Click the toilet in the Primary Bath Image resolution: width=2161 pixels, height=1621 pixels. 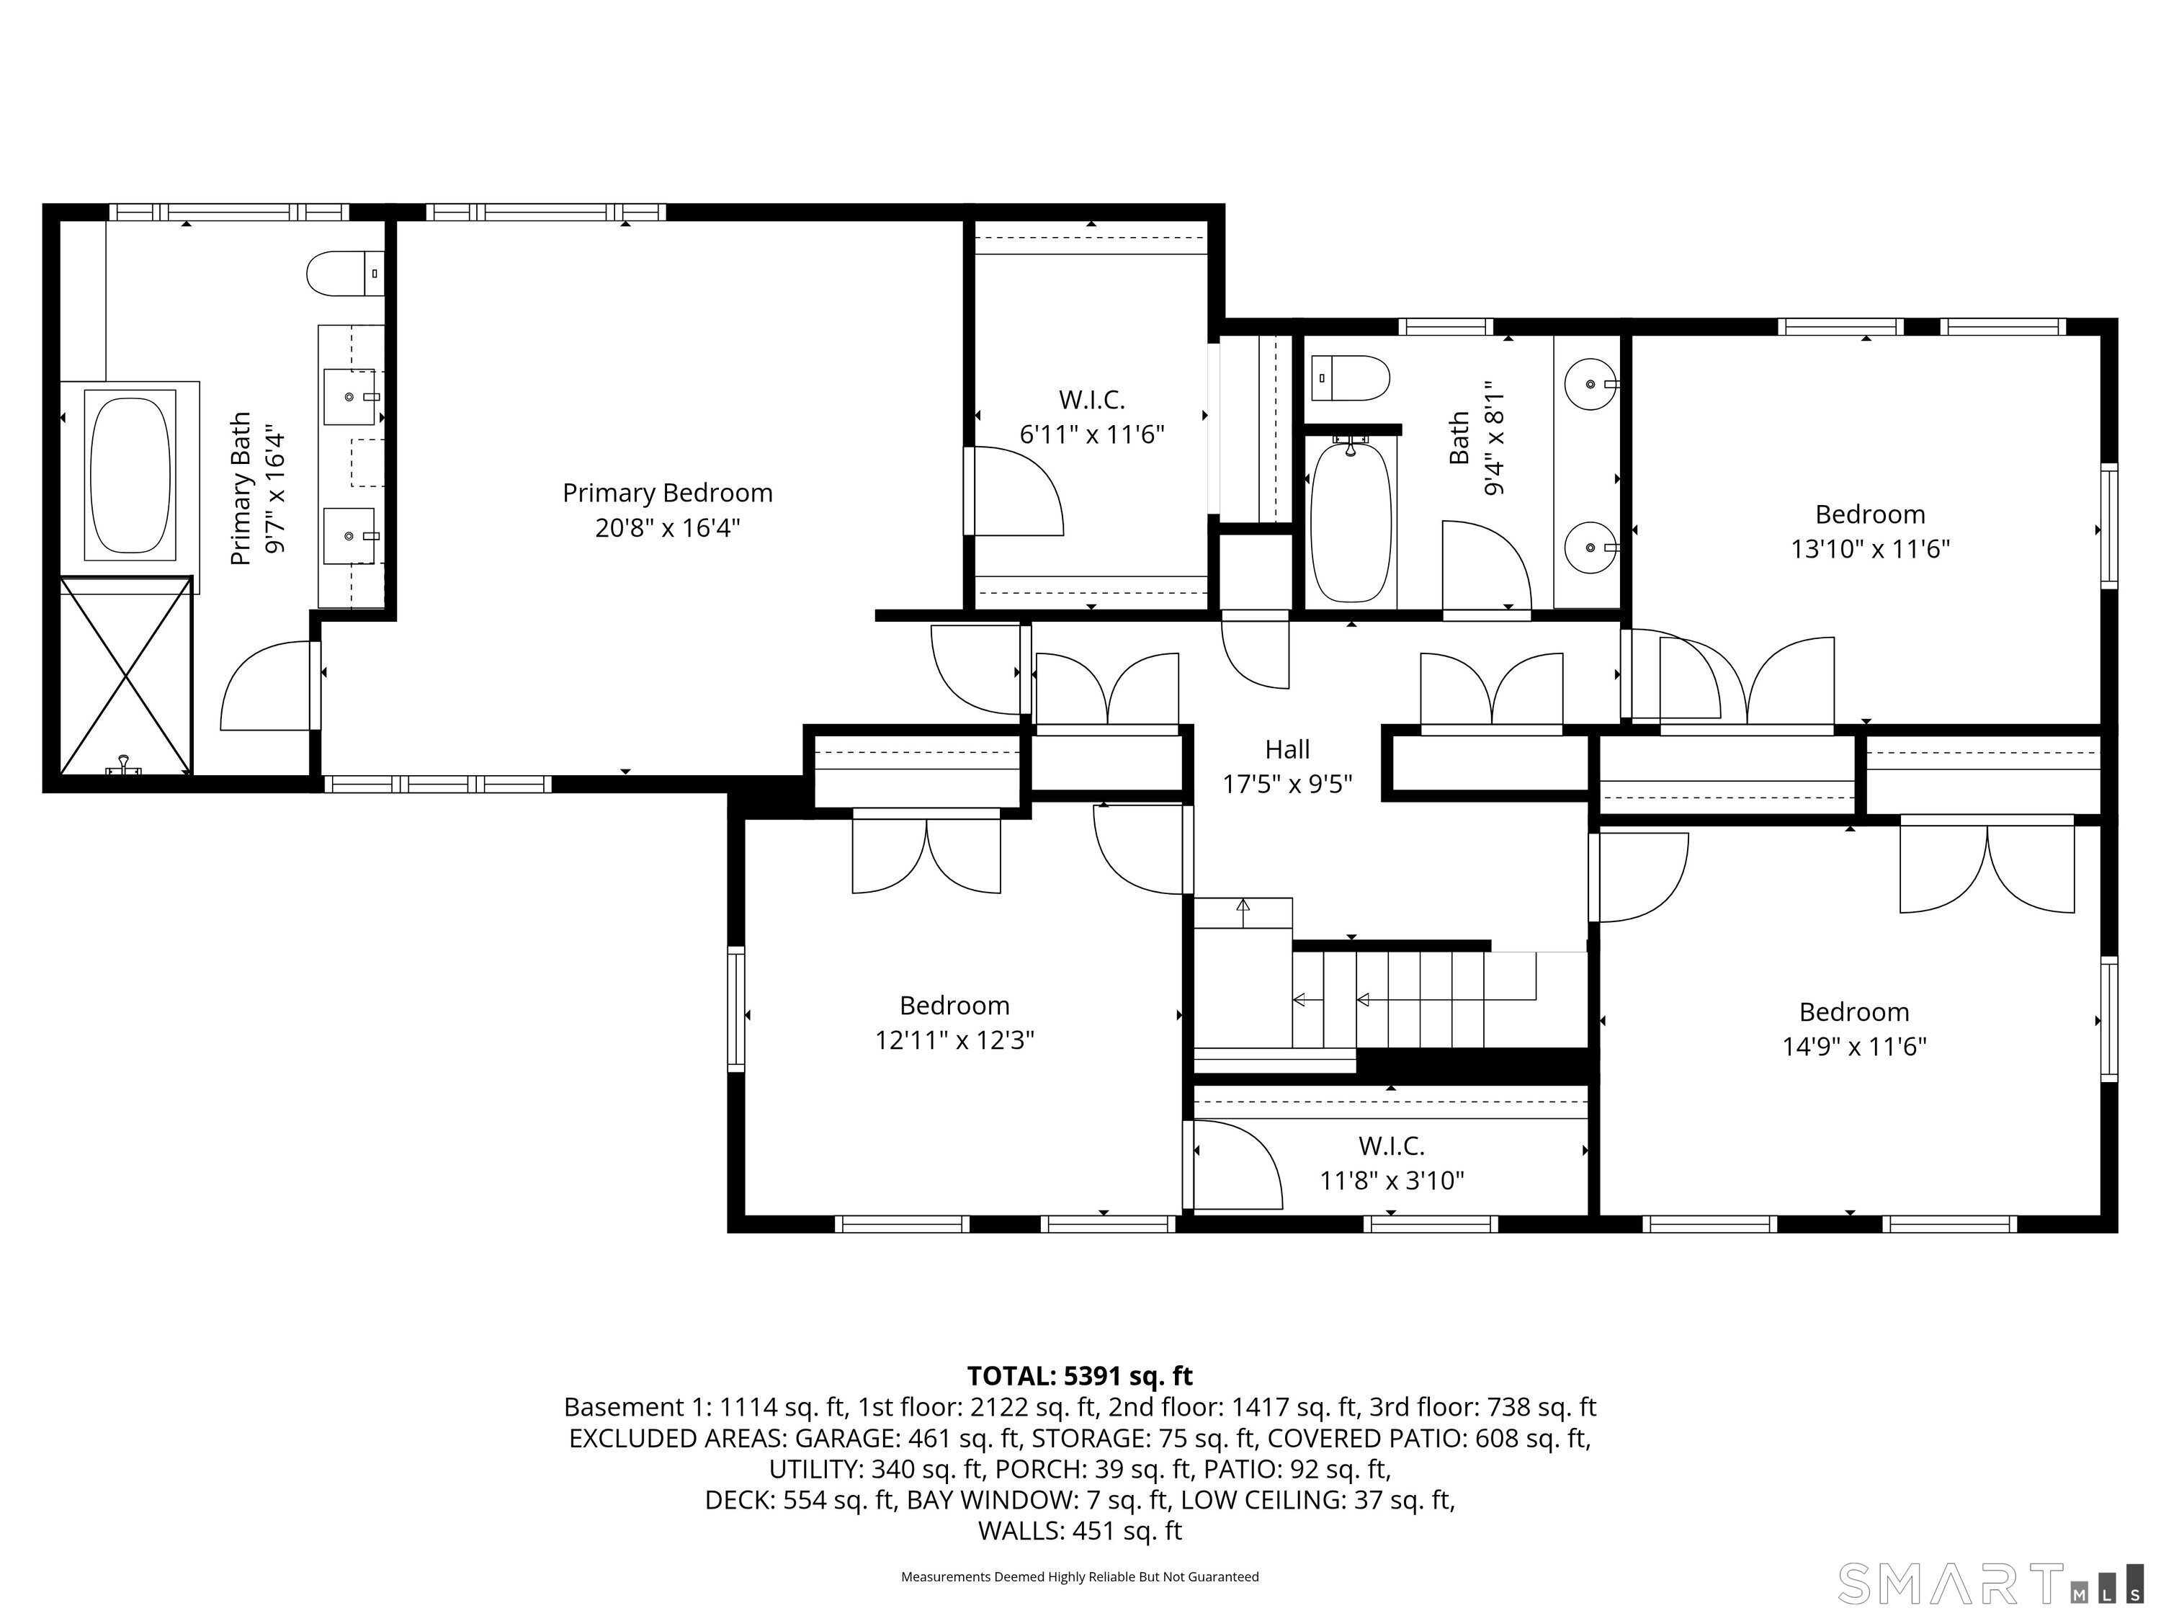345,274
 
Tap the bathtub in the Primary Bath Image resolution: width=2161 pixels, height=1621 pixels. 130,475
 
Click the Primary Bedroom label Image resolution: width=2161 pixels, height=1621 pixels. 667,493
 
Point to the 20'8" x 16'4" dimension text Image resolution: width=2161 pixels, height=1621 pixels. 667,527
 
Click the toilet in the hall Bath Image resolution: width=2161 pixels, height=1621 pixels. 1350,378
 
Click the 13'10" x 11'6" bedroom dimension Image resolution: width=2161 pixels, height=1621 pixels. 1870,549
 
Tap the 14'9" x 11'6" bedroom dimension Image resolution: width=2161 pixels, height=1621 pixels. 1853,1047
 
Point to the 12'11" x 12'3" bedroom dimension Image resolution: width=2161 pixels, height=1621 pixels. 954,1040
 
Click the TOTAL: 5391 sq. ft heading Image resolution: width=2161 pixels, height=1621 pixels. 1080,1376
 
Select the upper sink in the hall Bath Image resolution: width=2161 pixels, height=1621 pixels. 1590,384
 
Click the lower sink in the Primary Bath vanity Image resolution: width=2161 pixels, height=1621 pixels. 350,535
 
